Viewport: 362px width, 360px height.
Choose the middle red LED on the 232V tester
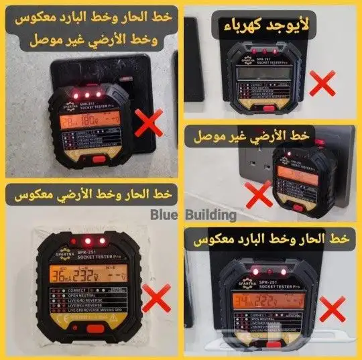coord(86,239)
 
